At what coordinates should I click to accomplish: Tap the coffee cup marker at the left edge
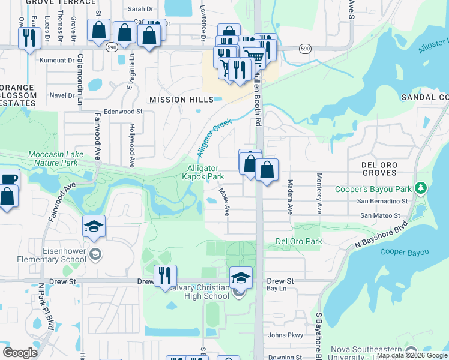(x=8, y=179)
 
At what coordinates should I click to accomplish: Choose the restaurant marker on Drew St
(x=164, y=276)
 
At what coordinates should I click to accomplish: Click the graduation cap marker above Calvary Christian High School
(x=240, y=277)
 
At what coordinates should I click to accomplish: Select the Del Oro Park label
(x=298, y=241)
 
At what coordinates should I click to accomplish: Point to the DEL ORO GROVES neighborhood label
(x=387, y=169)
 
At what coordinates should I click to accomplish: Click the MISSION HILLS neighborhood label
(x=181, y=100)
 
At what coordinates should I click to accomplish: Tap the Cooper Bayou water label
(x=405, y=252)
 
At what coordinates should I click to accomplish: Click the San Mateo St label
(x=380, y=215)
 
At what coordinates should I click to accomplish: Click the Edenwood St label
(x=123, y=111)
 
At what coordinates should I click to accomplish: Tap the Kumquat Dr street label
(x=57, y=61)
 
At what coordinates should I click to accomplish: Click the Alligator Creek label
(x=214, y=137)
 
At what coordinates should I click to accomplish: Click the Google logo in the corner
(x=20, y=352)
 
